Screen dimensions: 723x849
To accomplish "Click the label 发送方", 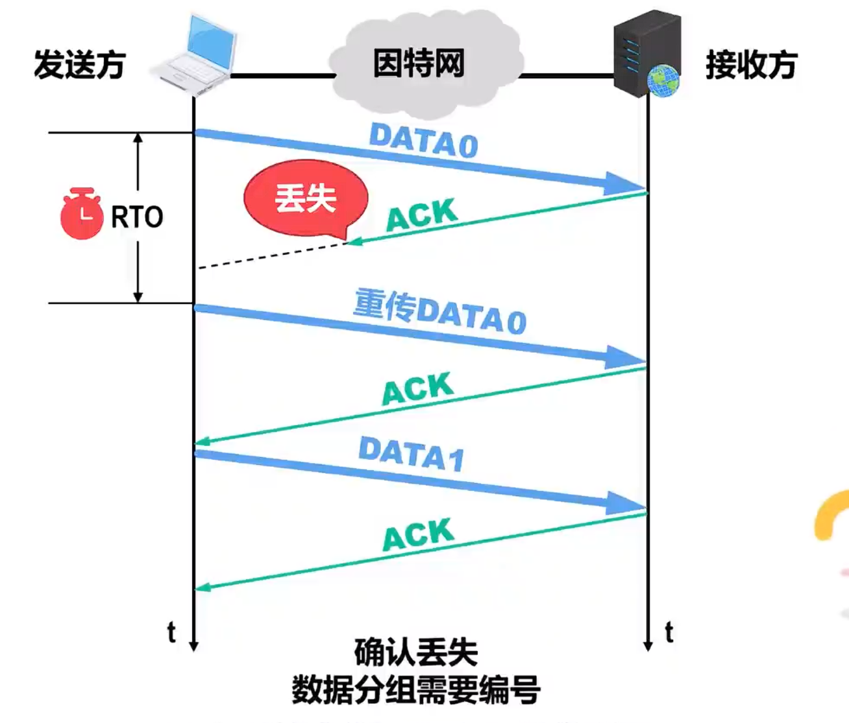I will [79, 65].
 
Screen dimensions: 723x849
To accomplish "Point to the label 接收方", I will [751, 65].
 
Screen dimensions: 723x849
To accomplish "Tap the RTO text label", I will [137, 217].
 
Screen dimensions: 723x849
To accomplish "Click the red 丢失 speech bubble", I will [306, 198].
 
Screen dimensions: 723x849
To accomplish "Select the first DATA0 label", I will [423, 140].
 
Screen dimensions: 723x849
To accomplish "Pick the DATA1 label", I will [412, 453].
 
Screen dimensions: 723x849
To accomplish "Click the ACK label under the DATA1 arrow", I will [417, 535].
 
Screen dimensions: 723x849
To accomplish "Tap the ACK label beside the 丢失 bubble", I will [422, 215].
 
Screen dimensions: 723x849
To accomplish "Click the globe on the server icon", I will [663, 80].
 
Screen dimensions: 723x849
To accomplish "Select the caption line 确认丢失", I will [416, 652].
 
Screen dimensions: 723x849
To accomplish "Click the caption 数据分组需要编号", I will [416, 689].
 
